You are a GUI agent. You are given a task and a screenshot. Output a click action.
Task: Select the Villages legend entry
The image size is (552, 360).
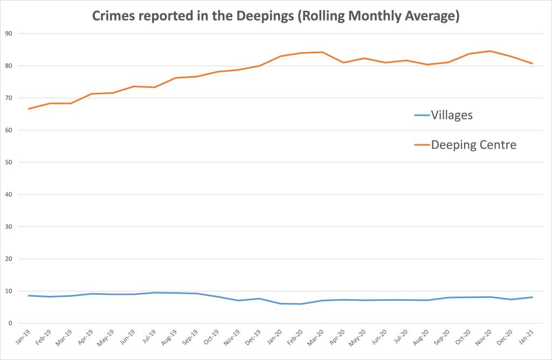coord(451,115)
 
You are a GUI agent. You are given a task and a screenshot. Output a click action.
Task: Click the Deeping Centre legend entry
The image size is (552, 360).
coord(474,144)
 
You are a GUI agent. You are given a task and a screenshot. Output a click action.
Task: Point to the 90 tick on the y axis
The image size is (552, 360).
coord(9,34)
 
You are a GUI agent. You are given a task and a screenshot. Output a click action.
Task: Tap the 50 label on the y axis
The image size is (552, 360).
coord(9,162)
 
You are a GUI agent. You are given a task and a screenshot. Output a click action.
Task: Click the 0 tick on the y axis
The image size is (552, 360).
coord(10,323)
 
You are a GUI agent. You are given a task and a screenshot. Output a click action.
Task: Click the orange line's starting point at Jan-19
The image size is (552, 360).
coord(29,109)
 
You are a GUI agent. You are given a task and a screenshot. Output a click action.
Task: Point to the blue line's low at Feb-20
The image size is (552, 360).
coord(302,304)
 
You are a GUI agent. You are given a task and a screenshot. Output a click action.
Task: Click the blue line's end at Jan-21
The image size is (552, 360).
coord(533,297)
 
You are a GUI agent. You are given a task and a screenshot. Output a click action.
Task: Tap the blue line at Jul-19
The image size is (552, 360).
coord(155,293)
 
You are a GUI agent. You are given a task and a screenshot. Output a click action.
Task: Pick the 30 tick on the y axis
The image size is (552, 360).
coord(9,227)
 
